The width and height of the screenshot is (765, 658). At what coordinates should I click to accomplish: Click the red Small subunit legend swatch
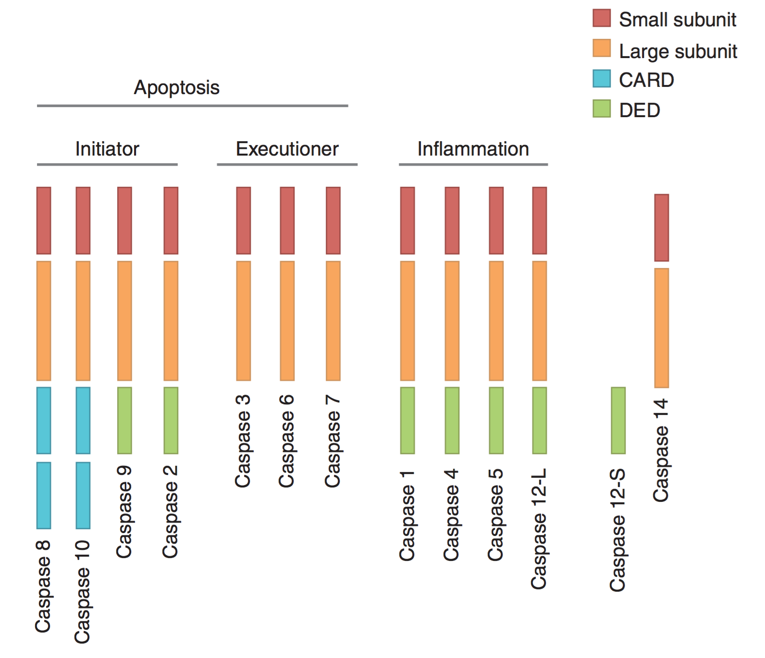(601, 18)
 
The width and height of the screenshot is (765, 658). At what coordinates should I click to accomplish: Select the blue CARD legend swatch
(601, 79)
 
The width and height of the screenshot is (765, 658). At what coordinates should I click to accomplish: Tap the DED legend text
(639, 110)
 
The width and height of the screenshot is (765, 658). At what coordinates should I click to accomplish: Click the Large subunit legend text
(678, 51)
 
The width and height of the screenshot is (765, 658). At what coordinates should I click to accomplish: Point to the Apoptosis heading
(176, 87)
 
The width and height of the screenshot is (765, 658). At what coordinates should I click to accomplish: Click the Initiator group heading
(107, 149)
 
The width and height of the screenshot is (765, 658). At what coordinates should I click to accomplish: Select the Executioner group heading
(287, 149)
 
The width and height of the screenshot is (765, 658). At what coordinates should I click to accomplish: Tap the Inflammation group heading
(473, 149)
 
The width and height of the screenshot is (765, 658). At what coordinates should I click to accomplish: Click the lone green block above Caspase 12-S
(618, 420)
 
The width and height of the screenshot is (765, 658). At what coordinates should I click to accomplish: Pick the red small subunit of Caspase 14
(661, 228)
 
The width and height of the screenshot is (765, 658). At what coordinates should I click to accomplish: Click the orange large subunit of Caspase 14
(661, 328)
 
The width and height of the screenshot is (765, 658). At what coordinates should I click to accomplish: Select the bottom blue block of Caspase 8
(44, 495)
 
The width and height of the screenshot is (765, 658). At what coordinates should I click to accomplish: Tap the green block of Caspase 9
(124, 420)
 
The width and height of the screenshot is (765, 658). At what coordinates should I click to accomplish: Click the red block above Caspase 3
(243, 220)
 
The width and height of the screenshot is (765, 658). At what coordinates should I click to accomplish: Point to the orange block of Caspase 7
(333, 320)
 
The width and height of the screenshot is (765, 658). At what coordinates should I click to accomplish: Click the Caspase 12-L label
(539, 528)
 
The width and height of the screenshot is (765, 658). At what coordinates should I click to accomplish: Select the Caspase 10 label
(82, 592)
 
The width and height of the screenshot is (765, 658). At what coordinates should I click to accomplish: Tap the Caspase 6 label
(286, 441)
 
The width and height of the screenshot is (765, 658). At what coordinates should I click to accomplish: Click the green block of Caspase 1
(407, 420)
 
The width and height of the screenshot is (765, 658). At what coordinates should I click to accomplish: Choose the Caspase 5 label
(495, 515)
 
